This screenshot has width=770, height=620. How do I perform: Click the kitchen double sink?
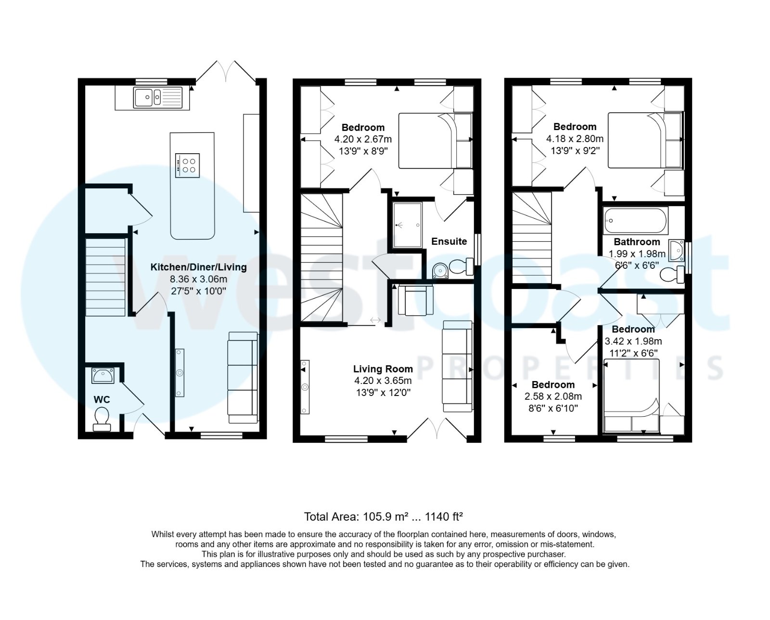click(x=158, y=98)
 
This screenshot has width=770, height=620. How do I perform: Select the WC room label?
click(x=102, y=399)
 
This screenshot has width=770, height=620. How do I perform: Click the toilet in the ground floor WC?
click(x=102, y=418)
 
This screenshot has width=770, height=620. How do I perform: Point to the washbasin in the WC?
click(x=103, y=375)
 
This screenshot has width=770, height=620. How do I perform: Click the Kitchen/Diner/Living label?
click(x=198, y=267)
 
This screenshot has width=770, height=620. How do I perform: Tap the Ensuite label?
click(x=449, y=241)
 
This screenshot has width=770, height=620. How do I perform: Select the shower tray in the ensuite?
click(x=407, y=225)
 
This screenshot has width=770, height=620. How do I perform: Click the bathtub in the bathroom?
click(x=636, y=221)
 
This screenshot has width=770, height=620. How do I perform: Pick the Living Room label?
click(x=383, y=369)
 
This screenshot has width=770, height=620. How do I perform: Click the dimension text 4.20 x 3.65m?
click(x=383, y=381)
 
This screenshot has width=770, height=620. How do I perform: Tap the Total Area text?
click(x=383, y=517)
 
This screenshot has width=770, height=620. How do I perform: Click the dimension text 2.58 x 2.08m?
click(x=552, y=396)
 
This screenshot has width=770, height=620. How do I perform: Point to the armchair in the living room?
click(x=415, y=299)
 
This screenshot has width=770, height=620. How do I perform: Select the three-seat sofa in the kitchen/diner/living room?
click(x=242, y=378)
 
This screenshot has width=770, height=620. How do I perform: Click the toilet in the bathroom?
click(x=672, y=275)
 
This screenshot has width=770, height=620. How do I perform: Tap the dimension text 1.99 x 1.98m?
click(x=637, y=253)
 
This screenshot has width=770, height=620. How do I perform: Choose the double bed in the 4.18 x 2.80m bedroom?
click(x=645, y=140)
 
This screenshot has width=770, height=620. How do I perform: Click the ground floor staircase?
click(x=105, y=276)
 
